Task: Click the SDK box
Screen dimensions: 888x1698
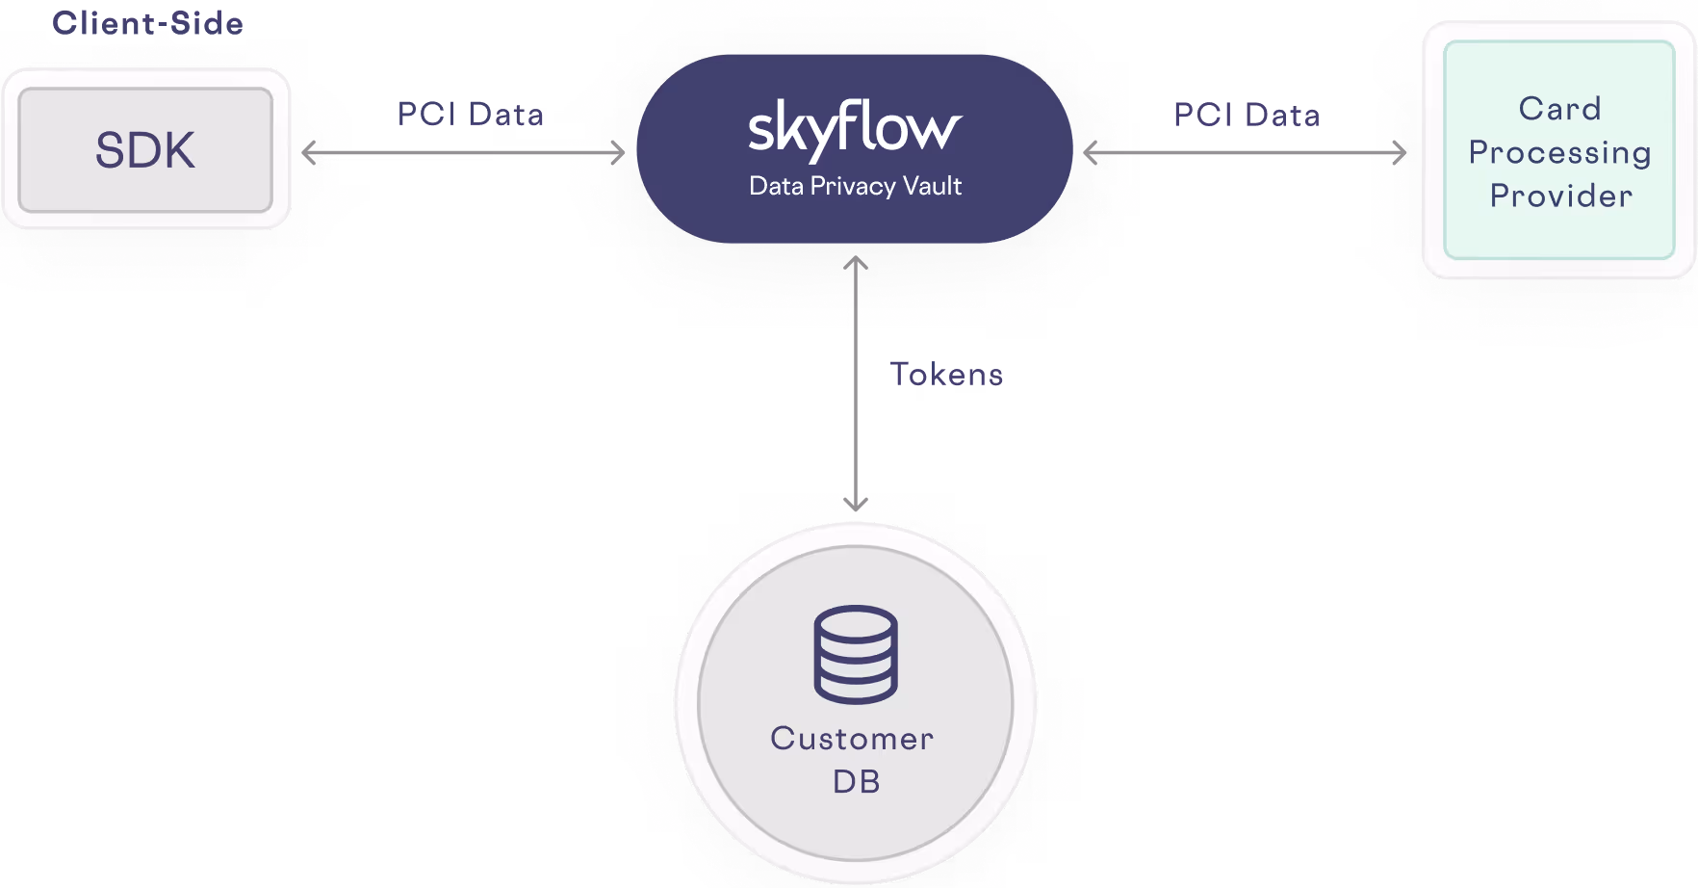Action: [x=145, y=150]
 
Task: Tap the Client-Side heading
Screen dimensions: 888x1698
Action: [x=147, y=22]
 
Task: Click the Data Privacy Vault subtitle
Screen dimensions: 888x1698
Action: [x=855, y=186]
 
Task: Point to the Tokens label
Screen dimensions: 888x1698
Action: [x=946, y=374]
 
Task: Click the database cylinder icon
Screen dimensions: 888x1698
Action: [x=856, y=654]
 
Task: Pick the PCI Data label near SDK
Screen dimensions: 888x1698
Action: [x=471, y=115]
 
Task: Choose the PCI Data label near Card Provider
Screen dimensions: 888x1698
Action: [x=1246, y=116]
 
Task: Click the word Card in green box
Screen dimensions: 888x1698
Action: [x=1559, y=109]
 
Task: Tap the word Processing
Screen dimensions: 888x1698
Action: [x=1559, y=152]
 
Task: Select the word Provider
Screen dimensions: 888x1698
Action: [x=1560, y=196]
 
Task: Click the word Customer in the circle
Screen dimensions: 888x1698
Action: [x=852, y=739]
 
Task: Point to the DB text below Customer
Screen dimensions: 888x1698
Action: [x=856, y=781]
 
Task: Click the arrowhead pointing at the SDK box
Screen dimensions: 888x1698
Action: [x=308, y=152]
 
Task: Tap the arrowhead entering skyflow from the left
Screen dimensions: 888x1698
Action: [x=619, y=152]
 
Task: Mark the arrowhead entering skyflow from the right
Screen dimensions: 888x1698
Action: [x=1091, y=152]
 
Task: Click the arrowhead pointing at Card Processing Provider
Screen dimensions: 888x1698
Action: [x=1401, y=152]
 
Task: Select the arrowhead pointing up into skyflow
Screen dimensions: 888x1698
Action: [x=856, y=262]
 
